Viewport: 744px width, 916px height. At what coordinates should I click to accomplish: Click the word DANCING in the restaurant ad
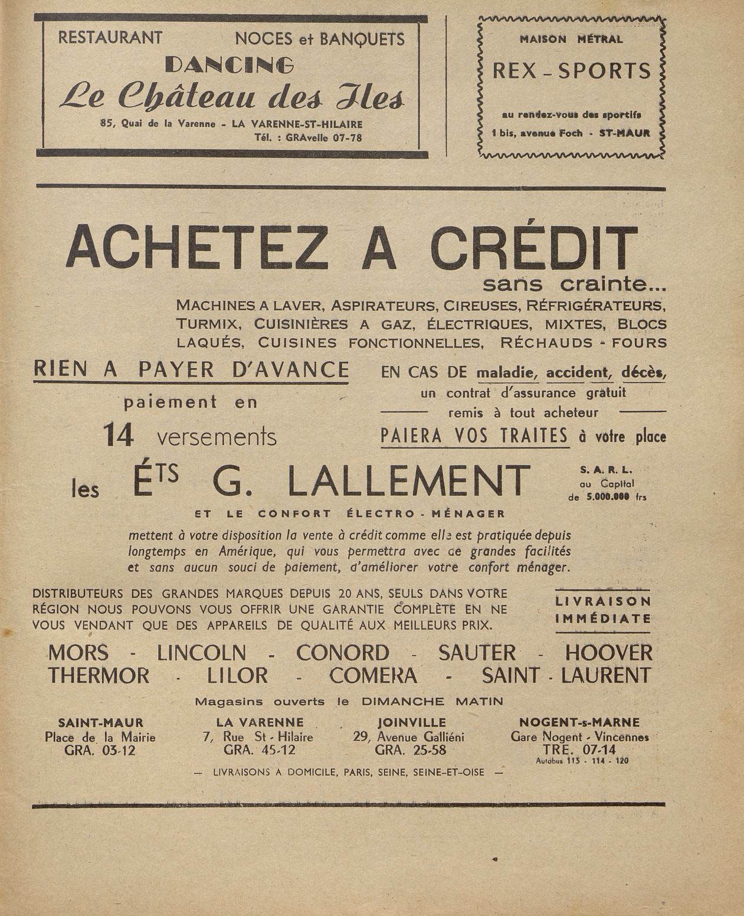[x=230, y=64]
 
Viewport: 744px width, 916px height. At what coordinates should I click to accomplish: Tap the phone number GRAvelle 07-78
[x=323, y=138]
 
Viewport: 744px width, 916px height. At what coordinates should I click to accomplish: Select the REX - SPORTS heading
[x=571, y=71]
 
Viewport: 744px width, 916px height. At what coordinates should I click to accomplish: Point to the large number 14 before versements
[x=119, y=436]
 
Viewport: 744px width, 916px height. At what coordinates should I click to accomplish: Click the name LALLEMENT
[x=409, y=480]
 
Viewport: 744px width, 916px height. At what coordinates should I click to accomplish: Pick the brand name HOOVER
[x=608, y=653]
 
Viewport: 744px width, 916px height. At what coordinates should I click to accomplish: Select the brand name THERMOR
[x=99, y=675]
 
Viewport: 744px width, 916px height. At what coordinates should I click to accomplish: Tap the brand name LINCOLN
[x=201, y=653]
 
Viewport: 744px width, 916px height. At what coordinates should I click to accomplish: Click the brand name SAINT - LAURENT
[x=566, y=675]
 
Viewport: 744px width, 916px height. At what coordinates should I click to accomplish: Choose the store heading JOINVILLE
[x=411, y=722]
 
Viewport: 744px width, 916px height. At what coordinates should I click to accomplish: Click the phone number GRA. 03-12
[x=100, y=751]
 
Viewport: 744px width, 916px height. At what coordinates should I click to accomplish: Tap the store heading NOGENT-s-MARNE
[x=579, y=722]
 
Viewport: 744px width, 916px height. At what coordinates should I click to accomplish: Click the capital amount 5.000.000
[x=608, y=497]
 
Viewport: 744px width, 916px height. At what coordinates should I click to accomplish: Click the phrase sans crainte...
[x=573, y=284]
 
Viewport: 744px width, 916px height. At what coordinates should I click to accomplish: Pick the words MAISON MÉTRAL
[x=571, y=40]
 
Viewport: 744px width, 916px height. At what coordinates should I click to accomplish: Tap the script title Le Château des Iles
[x=232, y=97]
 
